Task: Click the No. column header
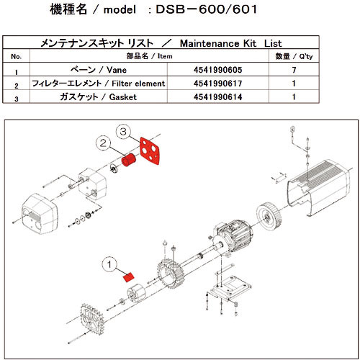tap(17, 55)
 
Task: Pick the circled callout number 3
tap(124, 132)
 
